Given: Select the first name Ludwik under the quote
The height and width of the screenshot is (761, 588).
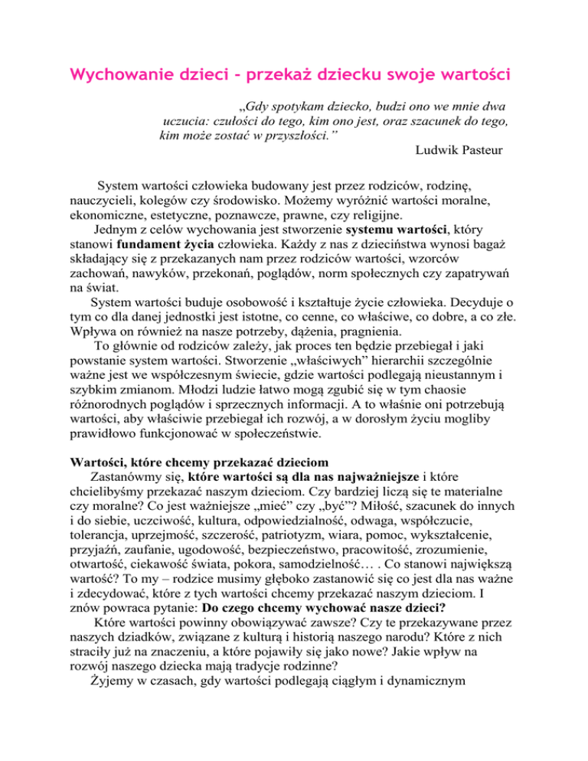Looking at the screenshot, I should [439, 150].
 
